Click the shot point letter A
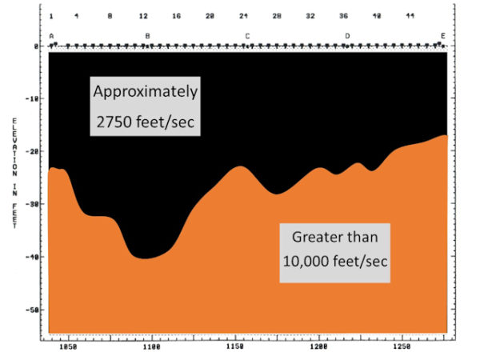coord(51,36)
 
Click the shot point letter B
coord(147,36)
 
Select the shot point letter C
coord(247,36)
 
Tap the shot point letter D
coord(347,36)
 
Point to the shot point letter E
coord(442,36)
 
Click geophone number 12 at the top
coord(143,16)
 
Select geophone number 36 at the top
coord(343,16)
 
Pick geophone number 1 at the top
coord(51,16)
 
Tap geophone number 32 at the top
coord(310,16)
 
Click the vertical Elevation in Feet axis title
coord(14,172)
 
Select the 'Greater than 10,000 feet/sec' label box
coord(334,251)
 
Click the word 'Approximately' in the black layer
coord(145,90)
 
